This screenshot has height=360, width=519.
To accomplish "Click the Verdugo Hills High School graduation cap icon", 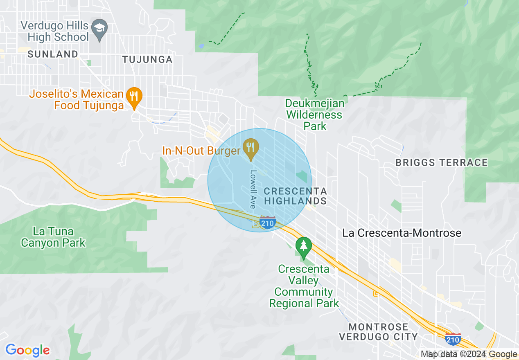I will point(99,29).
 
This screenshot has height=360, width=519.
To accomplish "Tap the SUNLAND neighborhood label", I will point(53,54).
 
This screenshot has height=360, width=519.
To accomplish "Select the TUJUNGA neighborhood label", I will point(147,60).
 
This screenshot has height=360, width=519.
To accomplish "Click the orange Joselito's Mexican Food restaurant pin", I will point(134,97).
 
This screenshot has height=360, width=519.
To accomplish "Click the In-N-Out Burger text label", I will point(201,151).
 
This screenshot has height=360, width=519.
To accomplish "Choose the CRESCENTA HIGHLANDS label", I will point(295,196).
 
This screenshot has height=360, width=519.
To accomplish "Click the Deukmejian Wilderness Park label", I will point(315,115).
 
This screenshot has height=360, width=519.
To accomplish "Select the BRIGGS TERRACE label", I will point(441,162).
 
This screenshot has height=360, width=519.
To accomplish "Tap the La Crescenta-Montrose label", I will point(402,233).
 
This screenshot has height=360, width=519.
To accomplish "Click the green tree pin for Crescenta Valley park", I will point(303,246).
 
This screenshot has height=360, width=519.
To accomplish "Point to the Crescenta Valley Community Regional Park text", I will point(304,286).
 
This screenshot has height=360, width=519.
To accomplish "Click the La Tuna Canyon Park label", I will point(53,237).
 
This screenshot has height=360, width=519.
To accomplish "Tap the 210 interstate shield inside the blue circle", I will point(267,223).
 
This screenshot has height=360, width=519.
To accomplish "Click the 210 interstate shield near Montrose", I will point(453,339).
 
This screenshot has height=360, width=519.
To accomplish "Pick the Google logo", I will point(27,351).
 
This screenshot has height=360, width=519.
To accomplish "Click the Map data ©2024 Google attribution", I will point(469,354).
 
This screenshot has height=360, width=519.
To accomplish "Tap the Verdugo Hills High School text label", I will point(54,31).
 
